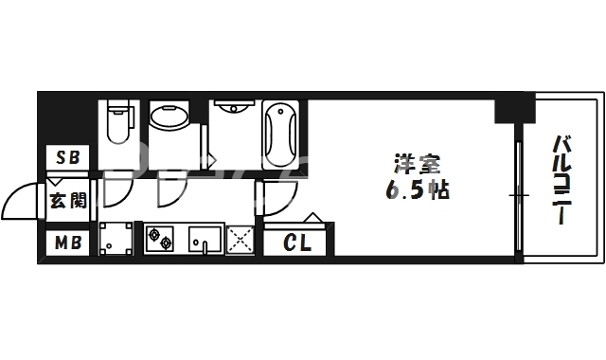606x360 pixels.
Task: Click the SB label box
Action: pyautogui.click(x=67, y=156)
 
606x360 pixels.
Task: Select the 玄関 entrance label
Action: pyautogui.click(x=67, y=200)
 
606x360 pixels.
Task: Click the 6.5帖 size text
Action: pyautogui.click(x=417, y=189)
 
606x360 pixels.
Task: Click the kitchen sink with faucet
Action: pyautogui.click(x=205, y=239)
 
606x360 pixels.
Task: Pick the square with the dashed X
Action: pyautogui.click(x=240, y=239)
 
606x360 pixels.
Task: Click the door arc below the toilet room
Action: pyautogui.click(x=118, y=193)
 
